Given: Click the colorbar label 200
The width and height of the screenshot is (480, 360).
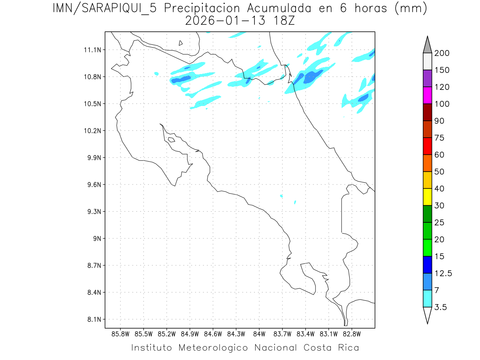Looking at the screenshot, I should [442, 53].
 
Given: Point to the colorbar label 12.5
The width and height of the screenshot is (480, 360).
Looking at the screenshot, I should [443, 273].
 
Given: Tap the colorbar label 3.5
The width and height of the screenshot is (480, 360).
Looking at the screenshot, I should [441, 307].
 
